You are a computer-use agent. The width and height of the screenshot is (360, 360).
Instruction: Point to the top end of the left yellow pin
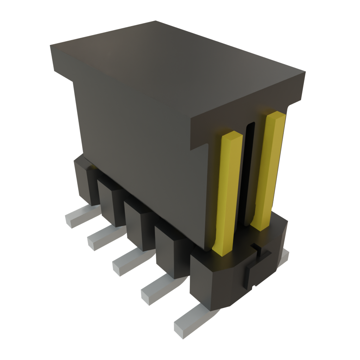click(232, 135)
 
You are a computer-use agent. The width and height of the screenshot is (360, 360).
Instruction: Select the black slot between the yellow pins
click(248, 169)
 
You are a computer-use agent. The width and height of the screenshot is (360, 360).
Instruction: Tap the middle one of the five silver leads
click(130, 261)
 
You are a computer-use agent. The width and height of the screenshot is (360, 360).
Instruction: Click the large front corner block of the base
click(211, 281)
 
